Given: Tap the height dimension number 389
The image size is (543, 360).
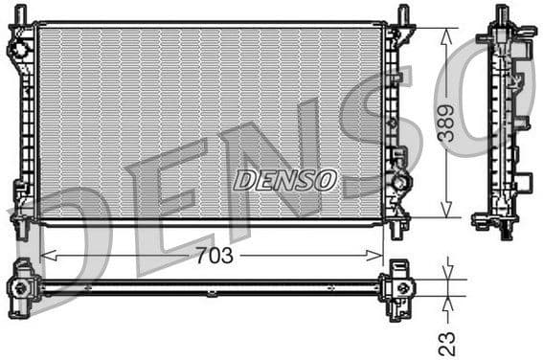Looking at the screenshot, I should click(x=446, y=123).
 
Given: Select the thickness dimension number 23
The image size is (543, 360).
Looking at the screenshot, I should click(x=446, y=341).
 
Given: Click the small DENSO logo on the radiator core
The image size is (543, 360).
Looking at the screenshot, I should click(x=285, y=180).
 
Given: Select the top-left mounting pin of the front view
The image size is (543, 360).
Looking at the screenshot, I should click(x=21, y=13).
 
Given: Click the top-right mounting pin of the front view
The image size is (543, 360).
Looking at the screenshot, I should click(x=402, y=13).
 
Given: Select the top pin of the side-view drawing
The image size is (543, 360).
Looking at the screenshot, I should click(x=501, y=14).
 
